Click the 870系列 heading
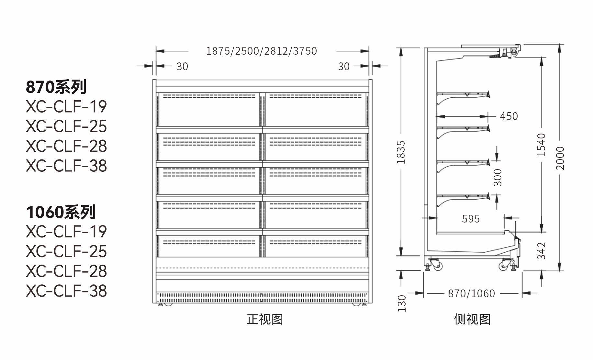click(56, 87)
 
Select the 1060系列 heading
click(61, 212)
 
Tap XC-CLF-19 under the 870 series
click(66, 107)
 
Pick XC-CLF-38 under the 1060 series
click(66, 291)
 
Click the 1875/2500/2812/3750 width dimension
click(262, 51)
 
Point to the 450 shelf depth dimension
click(509, 116)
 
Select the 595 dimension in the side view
click(471, 219)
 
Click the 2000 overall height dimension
click(560, 158)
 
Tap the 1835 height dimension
click(401, 152)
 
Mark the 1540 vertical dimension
click(541, 145)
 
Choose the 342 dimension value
click(541, 251)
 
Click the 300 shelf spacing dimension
click(498, 178)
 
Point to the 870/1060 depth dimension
click(472, 294)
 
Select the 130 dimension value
click(401, 303)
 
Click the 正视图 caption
click(264, 319)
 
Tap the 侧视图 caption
click(472, 319)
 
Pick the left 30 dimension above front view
click(182, 66)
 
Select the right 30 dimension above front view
click(344, 66)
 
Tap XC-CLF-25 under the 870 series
click(66, 126)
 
